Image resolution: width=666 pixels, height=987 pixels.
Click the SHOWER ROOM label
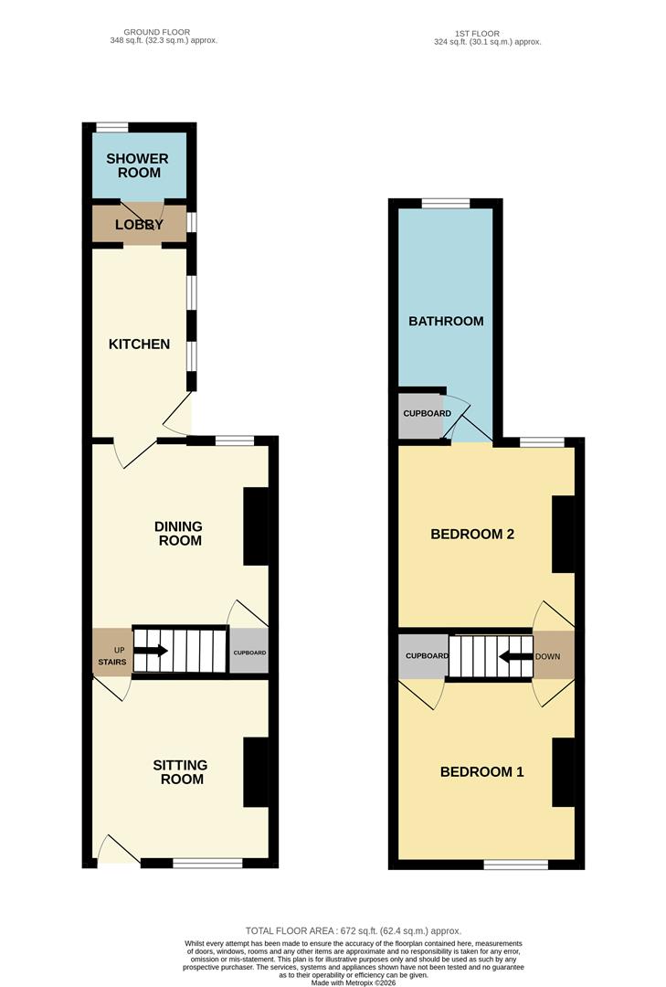click(x=137, y=165)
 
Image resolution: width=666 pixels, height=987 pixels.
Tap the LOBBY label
click(x=138, y=225)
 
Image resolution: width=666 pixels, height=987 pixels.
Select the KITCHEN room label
click(x=139, y=345)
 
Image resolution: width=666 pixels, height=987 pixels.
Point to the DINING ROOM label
click(x=178, y=533)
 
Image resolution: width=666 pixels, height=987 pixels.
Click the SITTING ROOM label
click(x=180, y=771)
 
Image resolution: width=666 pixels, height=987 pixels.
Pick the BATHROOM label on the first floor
click(x=446, y=321)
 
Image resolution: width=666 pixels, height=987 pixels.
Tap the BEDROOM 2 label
click(x=472, y=534)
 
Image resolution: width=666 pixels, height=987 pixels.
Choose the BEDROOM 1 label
click(x=481, y=771)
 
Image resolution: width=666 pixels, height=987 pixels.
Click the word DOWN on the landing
click(x=548, y=656)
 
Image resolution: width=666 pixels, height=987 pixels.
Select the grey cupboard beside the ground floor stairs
click(x=248, y=653)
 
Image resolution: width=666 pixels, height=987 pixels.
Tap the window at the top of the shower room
click(x=112, y=127)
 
